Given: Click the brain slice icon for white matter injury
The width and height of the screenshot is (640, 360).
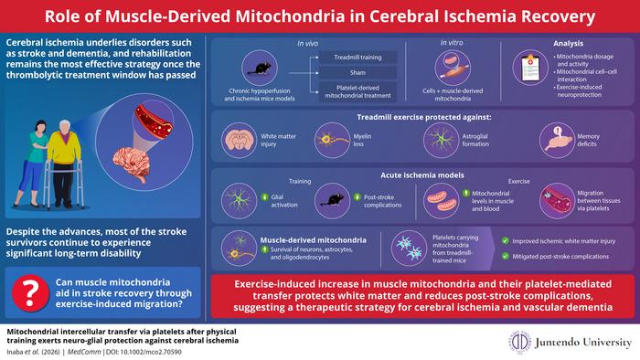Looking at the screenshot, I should click(240, 139).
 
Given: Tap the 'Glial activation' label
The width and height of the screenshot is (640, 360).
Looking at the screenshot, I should click(285, 198).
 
